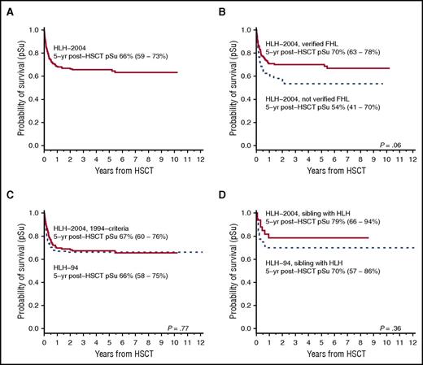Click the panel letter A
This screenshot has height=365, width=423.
[x=7, y=7]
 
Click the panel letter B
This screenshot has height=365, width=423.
[x=220, y=7]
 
